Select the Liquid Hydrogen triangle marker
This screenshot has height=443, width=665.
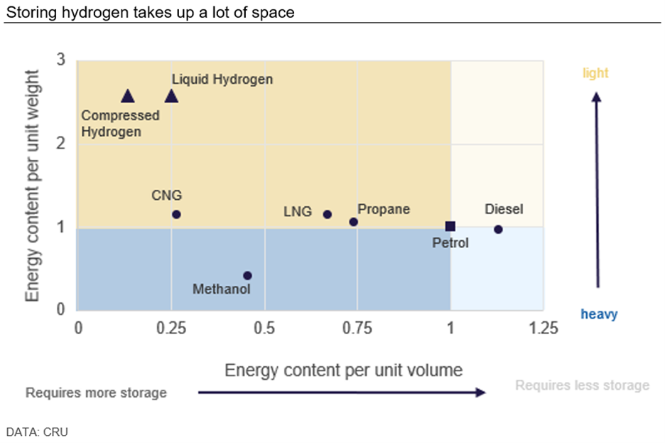pyautogui.click(x=171, y=96)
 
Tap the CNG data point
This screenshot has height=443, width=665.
pyautogui.click(x=176, y=214)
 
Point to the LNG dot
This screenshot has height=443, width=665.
pyautogui.click(x=328, y=214)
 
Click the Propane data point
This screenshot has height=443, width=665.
pyautogui.click(x=354, y=222)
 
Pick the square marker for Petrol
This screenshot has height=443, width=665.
pyautogui.click(x=450, y=226)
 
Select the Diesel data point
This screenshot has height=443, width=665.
pyautogui.click(x=498, y=229)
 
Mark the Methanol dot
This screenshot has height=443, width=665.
pyautogui.click(x=247, y=275)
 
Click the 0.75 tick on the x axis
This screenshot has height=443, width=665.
pyautogui.click(x=357, y=328)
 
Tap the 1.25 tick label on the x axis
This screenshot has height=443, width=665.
pyautogui.click(x=544, y=328)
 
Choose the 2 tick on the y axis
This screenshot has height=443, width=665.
pyautogui.click(x=61, y=144)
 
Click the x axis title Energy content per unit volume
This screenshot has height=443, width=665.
pyautogui.click(x=344, y=370)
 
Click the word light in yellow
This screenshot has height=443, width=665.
pyautogui.click(x=595, y=73)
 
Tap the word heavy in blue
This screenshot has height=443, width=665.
pyautogui.click(x=599, y=314)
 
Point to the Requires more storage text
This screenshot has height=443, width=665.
pyautogui.click(x=96, y=393)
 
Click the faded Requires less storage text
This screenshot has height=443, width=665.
pyautogui.click(x=582, y=385)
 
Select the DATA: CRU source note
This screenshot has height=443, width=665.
pyautogui.click(x=37, y=431)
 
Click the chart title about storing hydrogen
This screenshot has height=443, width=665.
pyautogui.click(x=150, y=13)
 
